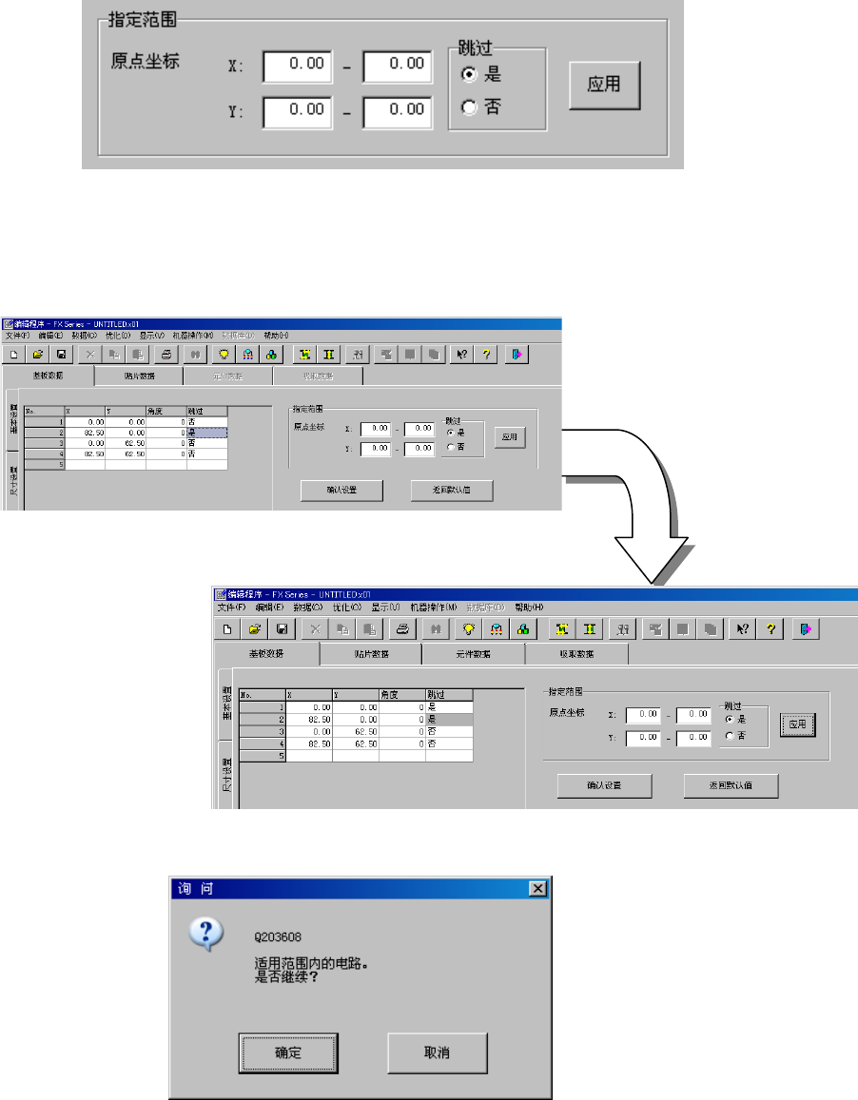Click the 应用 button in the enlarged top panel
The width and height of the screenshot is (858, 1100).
(x=604, y=86)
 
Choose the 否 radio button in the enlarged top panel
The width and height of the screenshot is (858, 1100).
(x=468, y=107)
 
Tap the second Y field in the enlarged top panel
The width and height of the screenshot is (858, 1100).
(x=398, y=109)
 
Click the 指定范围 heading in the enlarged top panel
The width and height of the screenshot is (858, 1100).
(x=143, y=18)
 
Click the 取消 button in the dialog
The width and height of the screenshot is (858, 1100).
(x=438, y=1053)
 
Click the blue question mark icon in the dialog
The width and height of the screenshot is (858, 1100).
(x=205, y=935)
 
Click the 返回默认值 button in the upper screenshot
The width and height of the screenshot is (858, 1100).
(x=451, y=491)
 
